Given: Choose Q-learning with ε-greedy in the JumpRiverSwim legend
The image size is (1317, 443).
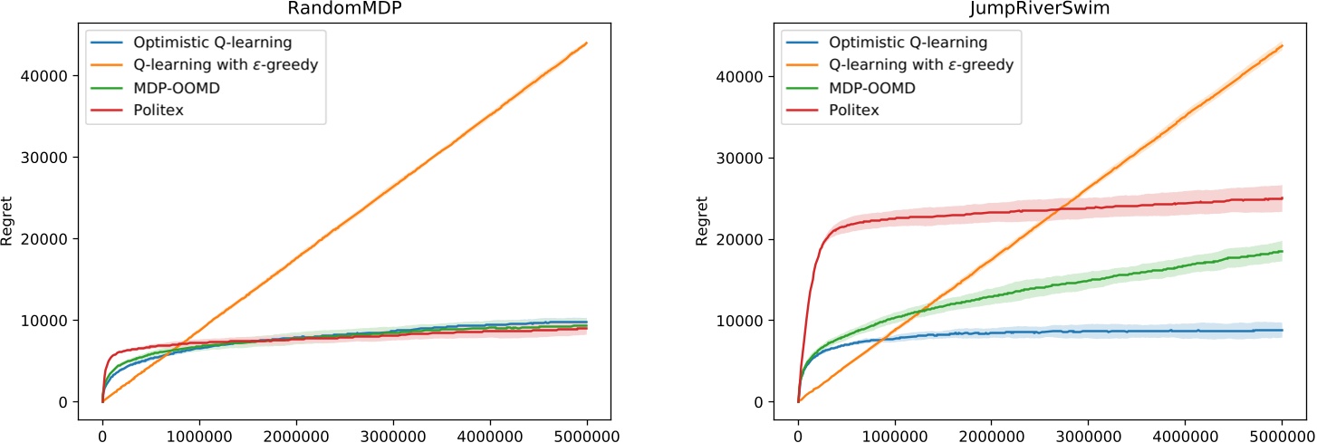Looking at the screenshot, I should pos(924,64).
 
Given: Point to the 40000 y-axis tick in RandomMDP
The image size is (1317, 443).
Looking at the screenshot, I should pos(48,76).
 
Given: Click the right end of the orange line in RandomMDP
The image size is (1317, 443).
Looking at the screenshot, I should pos(587,43).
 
